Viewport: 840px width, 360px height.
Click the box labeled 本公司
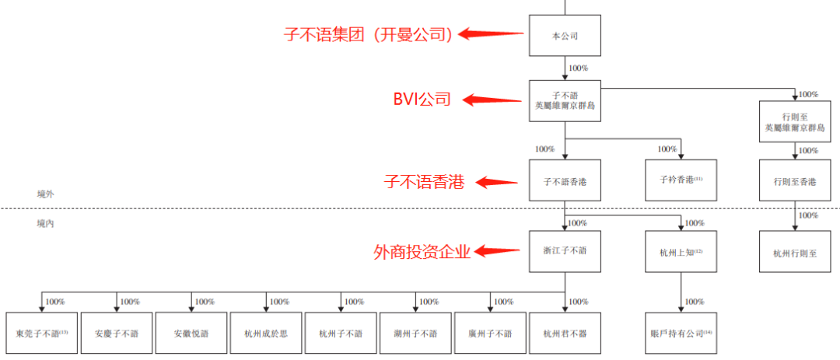coord(565,36)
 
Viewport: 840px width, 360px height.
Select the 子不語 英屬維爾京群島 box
coord(565,100)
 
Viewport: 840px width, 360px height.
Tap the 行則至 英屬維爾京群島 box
coord(794,121)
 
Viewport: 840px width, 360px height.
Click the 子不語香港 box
coord(565,180)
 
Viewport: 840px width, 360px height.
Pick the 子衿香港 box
coord(681,180)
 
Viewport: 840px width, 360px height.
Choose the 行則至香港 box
coord(794,181)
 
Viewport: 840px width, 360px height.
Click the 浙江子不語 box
coord(565,251)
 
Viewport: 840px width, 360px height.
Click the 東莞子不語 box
coord(42,333)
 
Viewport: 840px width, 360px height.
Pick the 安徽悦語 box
coord(192,333)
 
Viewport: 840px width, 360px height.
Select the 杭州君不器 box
coord(565,333)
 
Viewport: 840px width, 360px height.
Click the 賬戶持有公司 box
coord(681,333)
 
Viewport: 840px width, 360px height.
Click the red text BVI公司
coord(422,100)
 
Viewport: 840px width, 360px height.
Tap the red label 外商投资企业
coord(422,251)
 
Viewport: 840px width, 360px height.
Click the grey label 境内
coord(46,222)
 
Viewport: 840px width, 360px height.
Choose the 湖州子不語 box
coord(416,333)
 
